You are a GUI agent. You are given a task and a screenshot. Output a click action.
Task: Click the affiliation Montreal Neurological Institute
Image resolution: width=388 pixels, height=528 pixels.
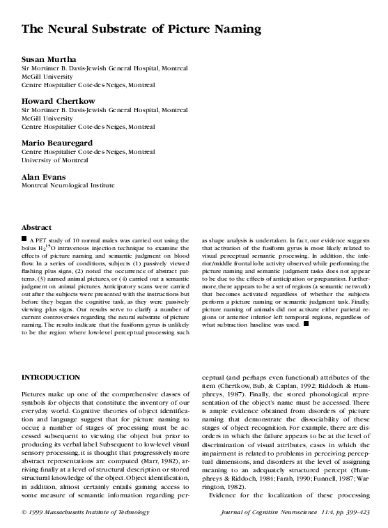(68, 186)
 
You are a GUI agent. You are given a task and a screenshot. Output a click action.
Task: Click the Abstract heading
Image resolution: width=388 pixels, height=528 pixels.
(38, 228)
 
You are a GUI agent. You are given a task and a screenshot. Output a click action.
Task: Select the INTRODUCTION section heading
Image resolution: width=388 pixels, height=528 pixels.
(52, 378)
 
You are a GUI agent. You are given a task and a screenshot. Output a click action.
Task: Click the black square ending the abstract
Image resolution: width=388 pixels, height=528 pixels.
(305, 323)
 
